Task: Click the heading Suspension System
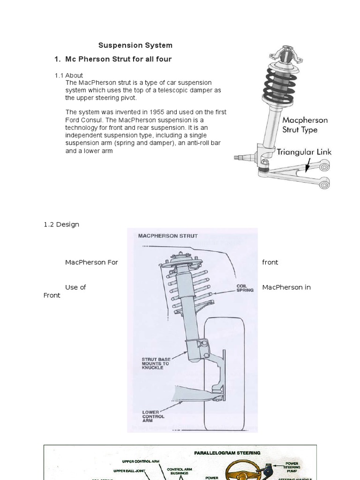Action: pyautogui.click(x=135, y=45)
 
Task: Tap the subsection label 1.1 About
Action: pyautogui.click(x=69, y=75)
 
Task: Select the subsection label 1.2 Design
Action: pyautogui.click(x=61, y=225)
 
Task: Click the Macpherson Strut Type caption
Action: pyautogui.click(x=305, y=125)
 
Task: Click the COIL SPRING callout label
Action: pyautogui.click(x=245, y=287)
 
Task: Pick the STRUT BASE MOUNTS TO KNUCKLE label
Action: pyautogui.click(x=155, y=363)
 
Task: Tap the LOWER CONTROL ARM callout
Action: pyautogui.click(x=153, y=416)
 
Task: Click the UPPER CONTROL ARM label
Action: pyautogui.click(x=141, y=462)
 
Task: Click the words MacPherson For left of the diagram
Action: pyautogui.click(x=91, y=262)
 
